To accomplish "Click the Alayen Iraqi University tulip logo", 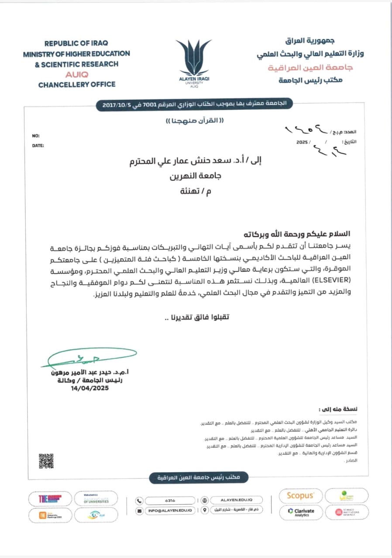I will coord(193,58).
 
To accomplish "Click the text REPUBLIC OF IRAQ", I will coord(76,44).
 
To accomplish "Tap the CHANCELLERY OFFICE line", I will coord(77,85).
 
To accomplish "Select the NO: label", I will coord(36,136).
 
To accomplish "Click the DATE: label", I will coord(38,146).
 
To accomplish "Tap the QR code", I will coord(46,461).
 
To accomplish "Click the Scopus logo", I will coord(300,496).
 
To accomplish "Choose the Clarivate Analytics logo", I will coord(301,512).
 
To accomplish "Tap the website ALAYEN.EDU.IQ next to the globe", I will coord(237,500).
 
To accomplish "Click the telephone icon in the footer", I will coord(139,501).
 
